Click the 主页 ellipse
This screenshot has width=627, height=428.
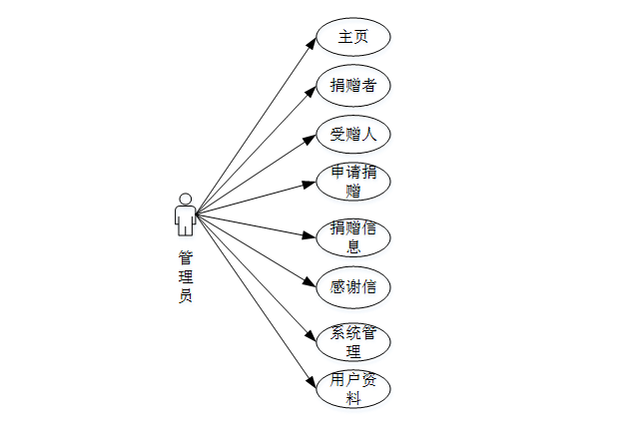coord(352,36)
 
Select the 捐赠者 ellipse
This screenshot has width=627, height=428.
coord(352,85)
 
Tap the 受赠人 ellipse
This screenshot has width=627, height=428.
coord(352,134)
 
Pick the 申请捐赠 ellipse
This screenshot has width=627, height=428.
coord(352,183)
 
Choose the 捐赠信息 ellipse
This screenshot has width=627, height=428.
coord(352,237)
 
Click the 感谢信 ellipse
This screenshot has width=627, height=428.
coord(352,286)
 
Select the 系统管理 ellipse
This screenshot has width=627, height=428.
coord(352,341)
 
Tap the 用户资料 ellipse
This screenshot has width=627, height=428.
coord(352,388)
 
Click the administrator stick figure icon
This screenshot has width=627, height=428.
coord(184,214)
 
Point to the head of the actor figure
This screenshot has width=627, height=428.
coord(184,196)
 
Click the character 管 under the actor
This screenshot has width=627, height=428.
coord(185,256)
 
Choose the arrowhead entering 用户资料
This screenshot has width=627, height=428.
coord(311,380)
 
